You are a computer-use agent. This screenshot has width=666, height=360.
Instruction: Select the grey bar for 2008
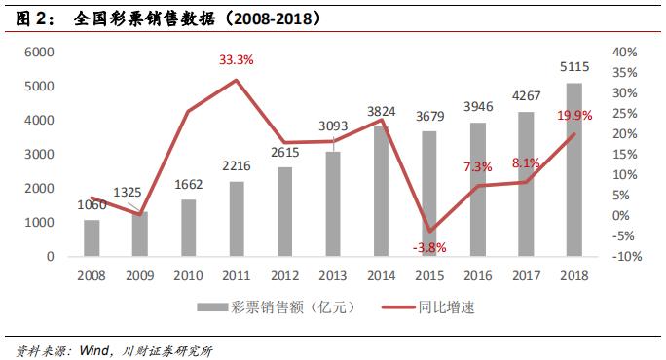(92, 238)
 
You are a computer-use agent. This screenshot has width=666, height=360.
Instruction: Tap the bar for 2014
(380, 193)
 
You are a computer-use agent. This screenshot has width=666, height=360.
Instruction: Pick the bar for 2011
(236, 219)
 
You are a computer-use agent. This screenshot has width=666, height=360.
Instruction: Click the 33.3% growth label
(236, 60)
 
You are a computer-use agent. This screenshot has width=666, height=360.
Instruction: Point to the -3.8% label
(428, 247)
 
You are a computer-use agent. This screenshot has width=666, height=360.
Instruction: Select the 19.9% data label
(574, 116)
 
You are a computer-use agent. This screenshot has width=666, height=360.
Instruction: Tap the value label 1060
(92, 205)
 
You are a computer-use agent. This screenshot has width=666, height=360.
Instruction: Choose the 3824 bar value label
(380, 112)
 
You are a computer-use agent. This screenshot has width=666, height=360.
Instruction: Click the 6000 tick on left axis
(37, 52)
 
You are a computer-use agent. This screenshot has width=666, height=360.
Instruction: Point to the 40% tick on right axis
(625, 52)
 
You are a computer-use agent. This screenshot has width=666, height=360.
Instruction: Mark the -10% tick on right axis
(625, 257)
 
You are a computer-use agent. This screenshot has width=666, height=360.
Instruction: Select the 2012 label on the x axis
(283, 277)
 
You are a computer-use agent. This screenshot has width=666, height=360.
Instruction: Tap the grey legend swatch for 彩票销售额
(212, 307)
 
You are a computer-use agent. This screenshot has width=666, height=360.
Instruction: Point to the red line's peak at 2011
(236, 80)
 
